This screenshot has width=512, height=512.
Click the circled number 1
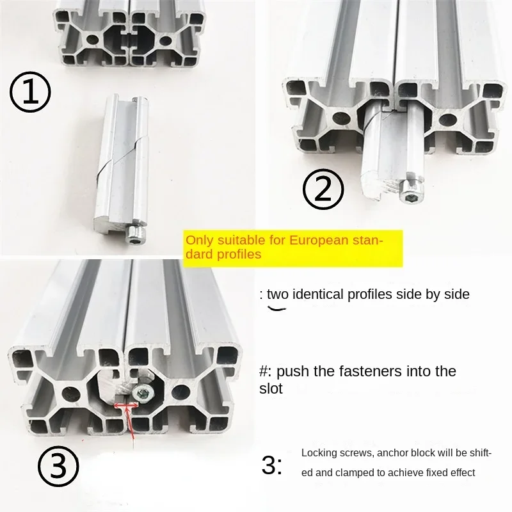[29, 93]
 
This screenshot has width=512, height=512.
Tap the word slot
[271, 388]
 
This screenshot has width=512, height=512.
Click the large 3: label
[271, 465]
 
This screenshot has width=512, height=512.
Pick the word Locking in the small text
[318, 453]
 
